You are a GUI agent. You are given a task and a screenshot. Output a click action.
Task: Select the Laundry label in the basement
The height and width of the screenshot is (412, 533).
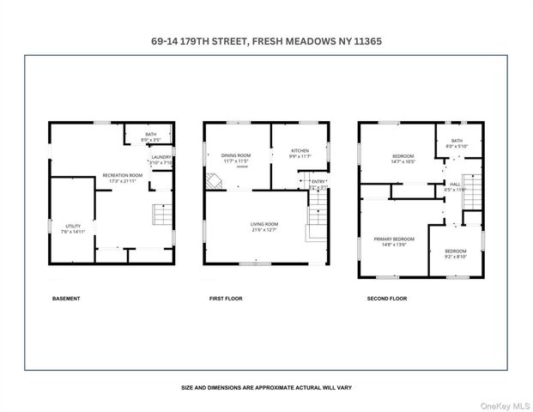[x=161, y=157]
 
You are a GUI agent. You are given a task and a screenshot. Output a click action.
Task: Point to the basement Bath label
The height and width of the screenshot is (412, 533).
[x=150, y=134]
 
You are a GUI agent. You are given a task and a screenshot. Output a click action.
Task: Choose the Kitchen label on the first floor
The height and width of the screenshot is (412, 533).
[x=299, y=151]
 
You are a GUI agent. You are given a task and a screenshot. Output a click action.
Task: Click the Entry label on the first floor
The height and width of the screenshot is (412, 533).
[x=318, y=181]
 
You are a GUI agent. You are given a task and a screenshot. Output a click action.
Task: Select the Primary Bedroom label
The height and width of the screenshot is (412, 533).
[x=393, y=239]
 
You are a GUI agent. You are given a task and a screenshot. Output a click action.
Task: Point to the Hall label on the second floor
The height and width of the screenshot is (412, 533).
[x=455, y=184]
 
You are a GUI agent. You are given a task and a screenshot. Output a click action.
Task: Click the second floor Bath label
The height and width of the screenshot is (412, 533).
[x=457, y=141]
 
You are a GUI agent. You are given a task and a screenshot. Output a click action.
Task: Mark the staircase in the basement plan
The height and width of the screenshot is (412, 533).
[x=161, y=215]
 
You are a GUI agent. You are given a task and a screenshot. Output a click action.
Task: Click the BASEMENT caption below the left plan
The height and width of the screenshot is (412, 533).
[x=66, y=299]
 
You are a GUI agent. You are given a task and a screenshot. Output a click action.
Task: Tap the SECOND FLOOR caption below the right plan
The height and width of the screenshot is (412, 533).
[x=387, y=299]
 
